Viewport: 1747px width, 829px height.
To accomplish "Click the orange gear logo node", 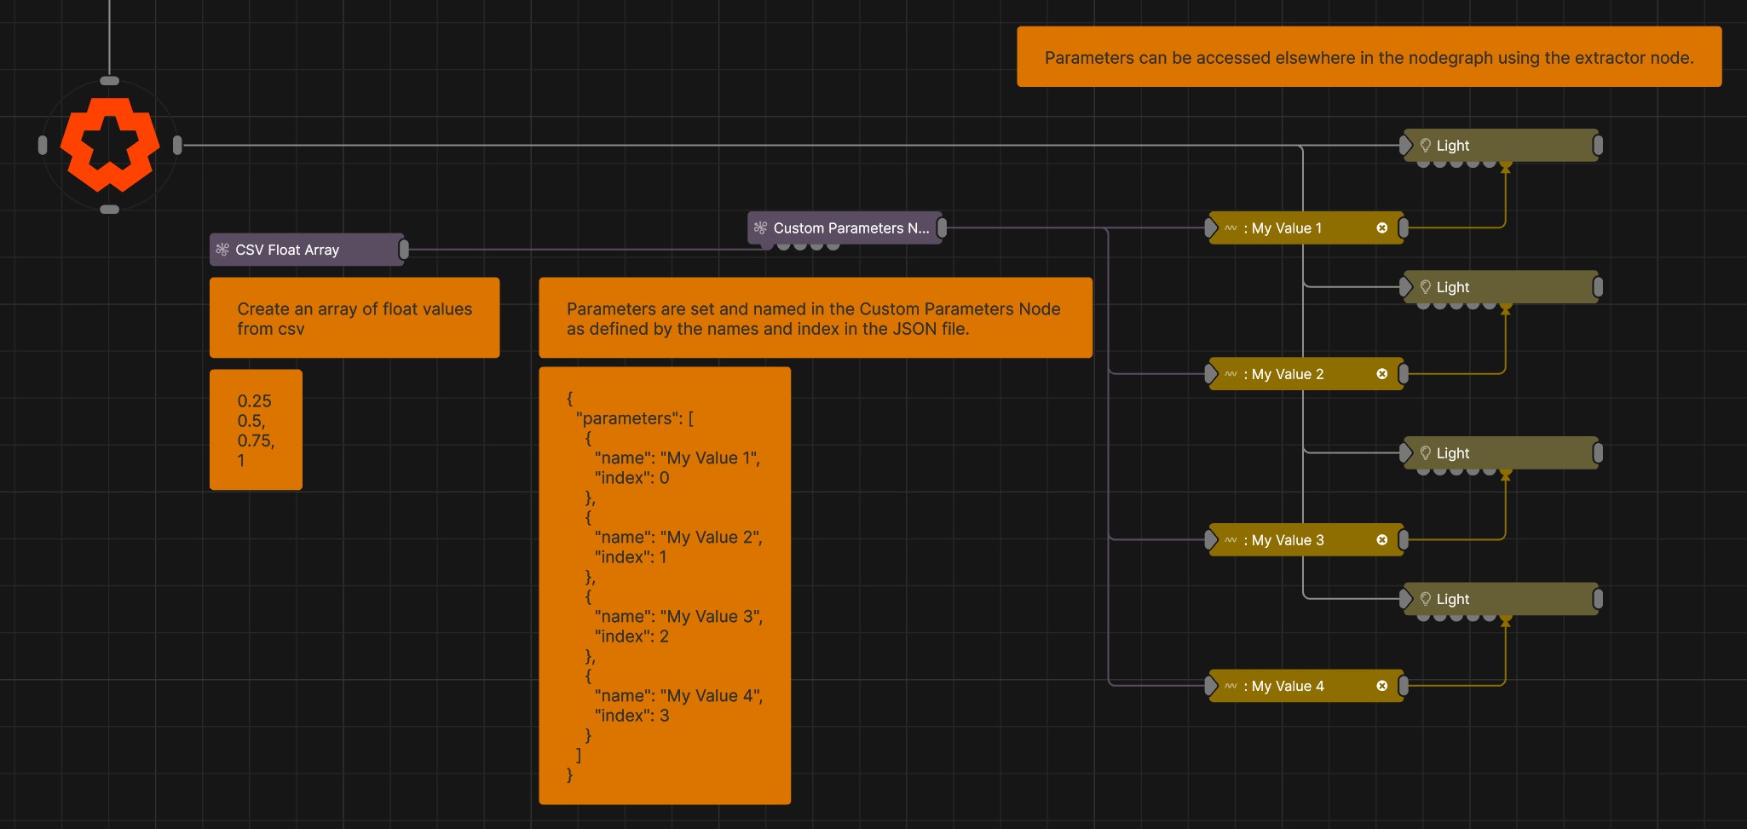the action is (110, 145).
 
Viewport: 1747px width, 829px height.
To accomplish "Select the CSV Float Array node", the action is (307, 250).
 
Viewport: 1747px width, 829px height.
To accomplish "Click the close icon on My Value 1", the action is (1382, 228).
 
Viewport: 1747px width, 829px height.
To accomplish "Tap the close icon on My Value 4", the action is (1382, 686).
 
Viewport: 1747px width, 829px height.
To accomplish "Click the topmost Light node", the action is (1501, 146).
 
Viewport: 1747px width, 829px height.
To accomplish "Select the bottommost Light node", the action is (1501, 599).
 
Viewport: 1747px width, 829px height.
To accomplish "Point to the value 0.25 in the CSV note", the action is (255, 401).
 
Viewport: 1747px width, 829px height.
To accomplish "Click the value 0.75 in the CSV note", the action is (256, 440).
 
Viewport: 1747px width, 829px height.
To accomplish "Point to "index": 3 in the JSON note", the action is (631, 716).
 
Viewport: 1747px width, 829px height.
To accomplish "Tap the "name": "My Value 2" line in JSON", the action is (678, 538).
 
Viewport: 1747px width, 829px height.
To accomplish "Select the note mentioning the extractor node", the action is (1369, 57).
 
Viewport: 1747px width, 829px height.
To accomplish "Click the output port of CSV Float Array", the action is (404, 250).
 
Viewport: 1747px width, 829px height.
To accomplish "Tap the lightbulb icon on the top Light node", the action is (1426, 146).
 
